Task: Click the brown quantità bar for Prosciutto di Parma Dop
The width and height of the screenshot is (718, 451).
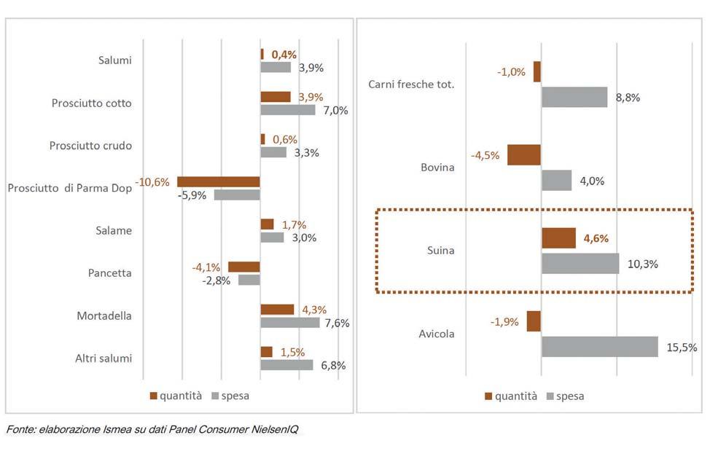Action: point(219,182)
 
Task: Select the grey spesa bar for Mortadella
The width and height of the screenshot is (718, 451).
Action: point(290,323)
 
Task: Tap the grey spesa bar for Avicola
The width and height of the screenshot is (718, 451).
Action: point(599,347)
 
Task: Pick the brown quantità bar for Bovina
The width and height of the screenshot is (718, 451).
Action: point(524,155)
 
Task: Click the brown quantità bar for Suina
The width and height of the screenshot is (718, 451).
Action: point(558,238)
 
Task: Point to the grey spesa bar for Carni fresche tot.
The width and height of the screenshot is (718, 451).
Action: point(574,98)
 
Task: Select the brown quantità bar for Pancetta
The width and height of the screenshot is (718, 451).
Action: point(244,267)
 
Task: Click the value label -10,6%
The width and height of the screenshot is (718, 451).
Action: point(153,181)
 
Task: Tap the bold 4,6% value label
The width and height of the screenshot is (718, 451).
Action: point(593,238)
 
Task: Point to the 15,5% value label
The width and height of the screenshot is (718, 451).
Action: point(682,348)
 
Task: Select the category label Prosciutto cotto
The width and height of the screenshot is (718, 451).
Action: point(92,103)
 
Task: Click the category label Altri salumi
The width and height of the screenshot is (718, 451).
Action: point(104,358)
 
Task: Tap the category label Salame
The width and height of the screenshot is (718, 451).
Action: point(114,231)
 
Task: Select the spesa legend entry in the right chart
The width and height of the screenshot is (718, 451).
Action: point(564,396)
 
